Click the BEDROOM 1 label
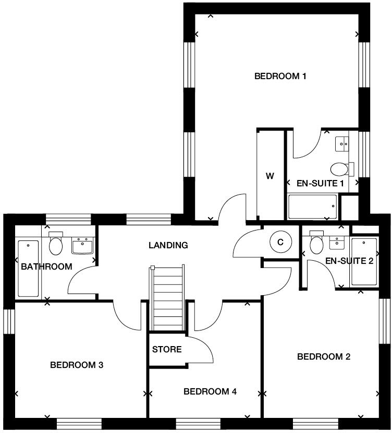(280, 77)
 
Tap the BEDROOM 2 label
(323, 357)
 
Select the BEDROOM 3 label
(77, 365)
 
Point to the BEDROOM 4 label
(210, 391)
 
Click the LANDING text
(168, 245)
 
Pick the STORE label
(167, 349)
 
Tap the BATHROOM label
(46, 267)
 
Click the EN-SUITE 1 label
(320, 183)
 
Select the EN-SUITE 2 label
(349, 261)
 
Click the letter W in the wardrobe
(270, 176)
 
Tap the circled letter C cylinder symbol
(280, 242)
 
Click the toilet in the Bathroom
(56, 244)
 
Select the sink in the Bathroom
(82, 245)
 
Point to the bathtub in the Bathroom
(28, 269)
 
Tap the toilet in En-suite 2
(317, 243)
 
